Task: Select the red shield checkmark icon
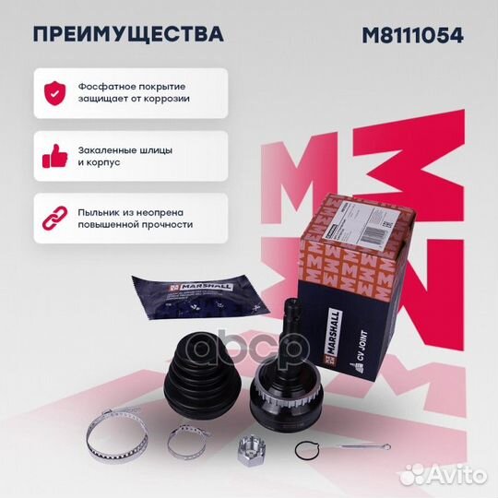pos(53,91)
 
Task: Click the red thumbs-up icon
pos(53,155)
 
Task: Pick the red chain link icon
pos(53,218)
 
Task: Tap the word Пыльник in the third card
pos(101,210)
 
